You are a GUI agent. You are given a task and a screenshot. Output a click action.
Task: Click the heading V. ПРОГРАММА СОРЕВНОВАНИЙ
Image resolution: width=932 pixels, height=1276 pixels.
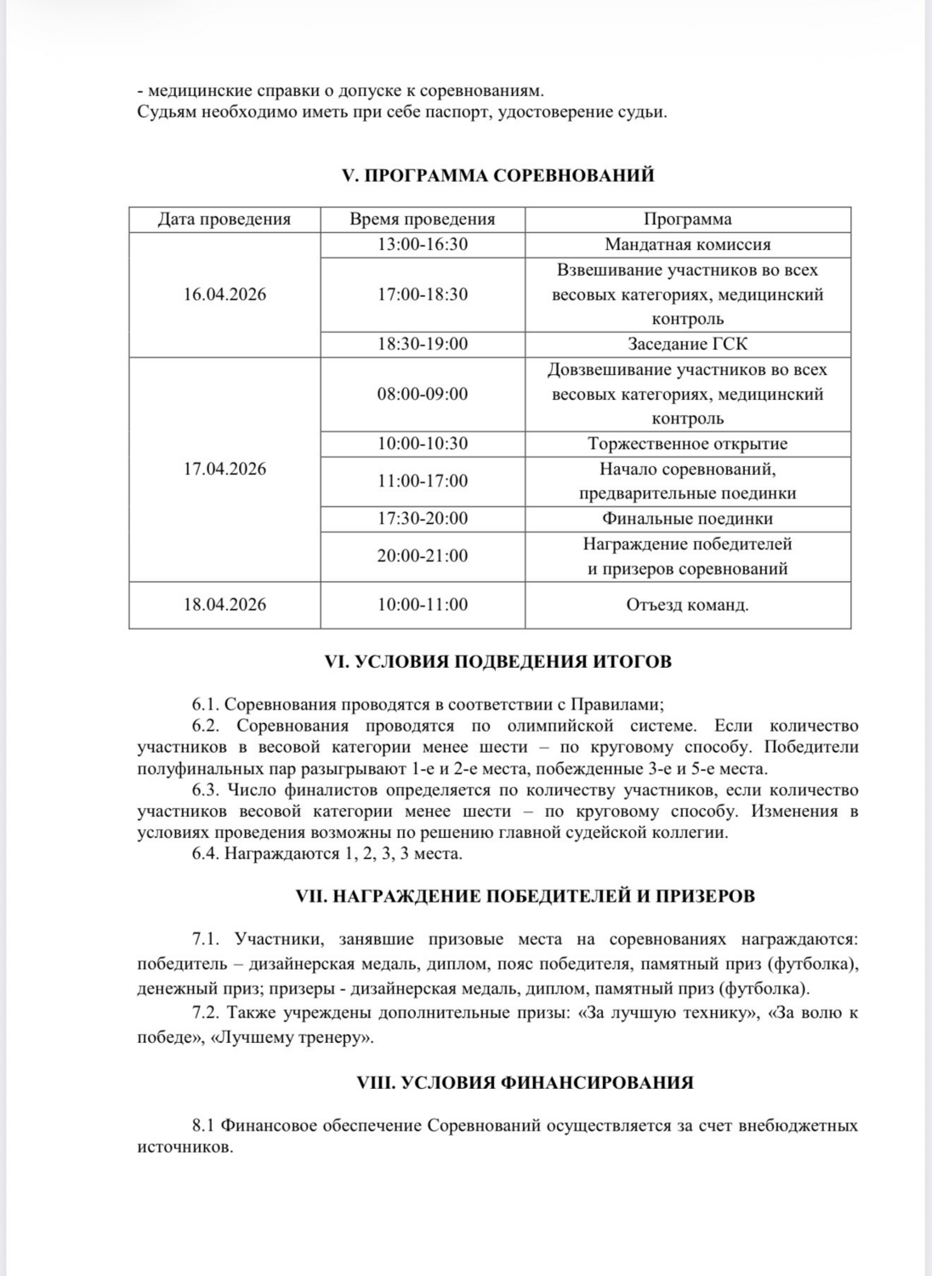pyautogui.click(x=497, y=175)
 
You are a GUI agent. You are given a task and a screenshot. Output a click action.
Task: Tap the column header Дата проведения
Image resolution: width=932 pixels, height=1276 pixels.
pyautogui.click(x=224, y=219)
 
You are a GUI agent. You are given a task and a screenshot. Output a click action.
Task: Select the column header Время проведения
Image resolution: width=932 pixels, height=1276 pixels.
pyautogui.click(x=423, y=219)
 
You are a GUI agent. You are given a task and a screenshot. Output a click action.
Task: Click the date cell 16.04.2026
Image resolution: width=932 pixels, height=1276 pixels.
pyautogui.click(x=224, y=294)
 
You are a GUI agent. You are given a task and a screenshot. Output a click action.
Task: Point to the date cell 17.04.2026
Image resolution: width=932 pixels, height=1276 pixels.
pyautogui.click(x=224, y=469)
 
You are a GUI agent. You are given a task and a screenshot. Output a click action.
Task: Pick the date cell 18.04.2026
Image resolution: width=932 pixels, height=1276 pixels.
pyautogui.click(x=224, y=605)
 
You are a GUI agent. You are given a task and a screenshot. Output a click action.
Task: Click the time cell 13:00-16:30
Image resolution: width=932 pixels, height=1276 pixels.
pyautogui.click(x=423, y=245)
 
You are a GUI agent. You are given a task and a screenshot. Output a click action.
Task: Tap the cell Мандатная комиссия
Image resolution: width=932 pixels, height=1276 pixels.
pyautogui.click(x=687, y=245)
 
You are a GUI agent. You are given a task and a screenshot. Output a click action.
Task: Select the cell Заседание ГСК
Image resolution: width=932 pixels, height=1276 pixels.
pyautogui.click(x=687, y=344)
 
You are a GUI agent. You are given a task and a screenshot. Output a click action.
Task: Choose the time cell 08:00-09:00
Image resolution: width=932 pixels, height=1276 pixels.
pyautogui.click(x=423, y=394)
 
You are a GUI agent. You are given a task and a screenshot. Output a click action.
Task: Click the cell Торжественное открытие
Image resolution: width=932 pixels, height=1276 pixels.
pyautogui.click(x=687, y=444)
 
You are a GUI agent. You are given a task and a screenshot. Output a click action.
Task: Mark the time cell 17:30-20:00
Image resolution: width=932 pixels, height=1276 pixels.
pyautogui.click(x=423, y=519)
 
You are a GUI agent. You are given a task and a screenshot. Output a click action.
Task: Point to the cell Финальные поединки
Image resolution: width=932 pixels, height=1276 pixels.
pyautogui.click(x=687, y=519)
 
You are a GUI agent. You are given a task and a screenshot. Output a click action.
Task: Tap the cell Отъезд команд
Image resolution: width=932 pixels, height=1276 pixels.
pyautogui.click(x=687, y=605)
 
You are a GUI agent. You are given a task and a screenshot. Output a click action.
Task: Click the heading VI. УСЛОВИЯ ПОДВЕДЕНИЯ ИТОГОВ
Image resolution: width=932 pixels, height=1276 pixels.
pyautogui.click(x=497, y=662)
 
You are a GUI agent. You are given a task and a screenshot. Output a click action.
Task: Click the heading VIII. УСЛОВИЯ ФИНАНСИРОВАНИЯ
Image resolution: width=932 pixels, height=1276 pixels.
pyautogui.click(x=497, y=1083)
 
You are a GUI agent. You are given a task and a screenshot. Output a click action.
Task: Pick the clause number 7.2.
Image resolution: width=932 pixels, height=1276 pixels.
pyautogui.click(x=207, y=1013)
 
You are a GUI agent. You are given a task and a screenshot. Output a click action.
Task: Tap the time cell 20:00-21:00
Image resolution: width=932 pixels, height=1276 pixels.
pyautogui.click(x=423, y=556)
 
